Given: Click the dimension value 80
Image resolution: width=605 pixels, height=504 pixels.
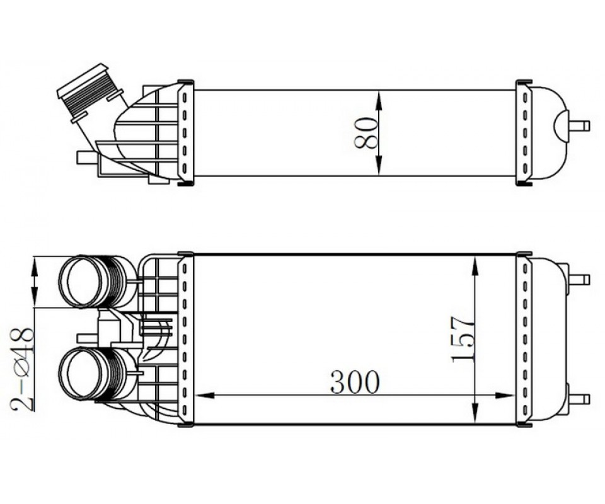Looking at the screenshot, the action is pos(366,134).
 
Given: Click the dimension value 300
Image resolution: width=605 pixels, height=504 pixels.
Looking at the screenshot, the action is pos(355,382).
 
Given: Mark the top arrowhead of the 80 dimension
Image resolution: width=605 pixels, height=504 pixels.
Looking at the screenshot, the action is pos(379,100).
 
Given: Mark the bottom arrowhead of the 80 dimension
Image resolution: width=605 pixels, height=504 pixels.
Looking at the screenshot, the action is pos(379,166).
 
